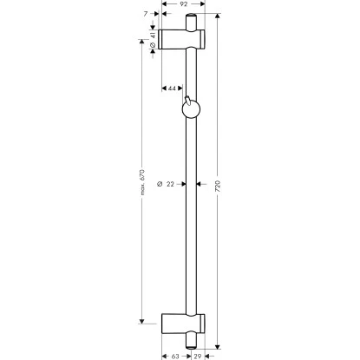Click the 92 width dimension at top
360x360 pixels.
pos(184,5)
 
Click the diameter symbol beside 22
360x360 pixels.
pos(160,184)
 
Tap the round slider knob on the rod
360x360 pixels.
pos(191,108)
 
